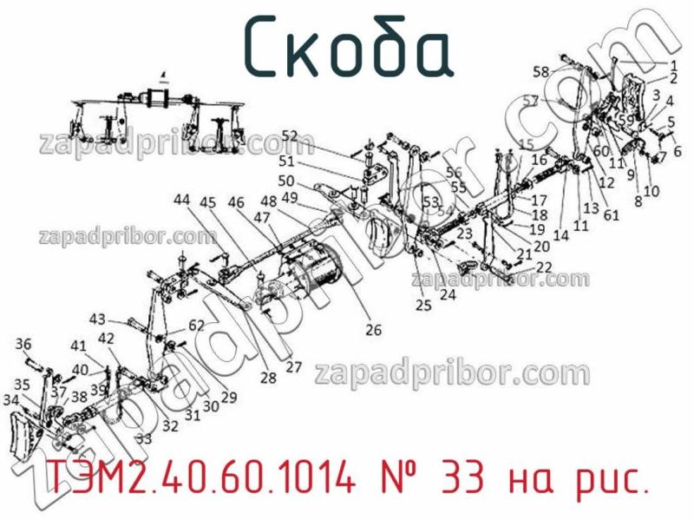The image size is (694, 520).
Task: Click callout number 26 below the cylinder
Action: (373, 329)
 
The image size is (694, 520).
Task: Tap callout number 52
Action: (289, 135)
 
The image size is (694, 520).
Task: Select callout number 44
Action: (180, 200)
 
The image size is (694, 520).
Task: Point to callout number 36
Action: (23, 343)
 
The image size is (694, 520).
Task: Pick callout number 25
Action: (422, 305)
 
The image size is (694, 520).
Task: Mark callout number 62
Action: (197, 326)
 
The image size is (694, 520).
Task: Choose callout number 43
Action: (97, 319)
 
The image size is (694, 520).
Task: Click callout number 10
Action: (651, 191)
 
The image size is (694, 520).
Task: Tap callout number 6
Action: (677, 151)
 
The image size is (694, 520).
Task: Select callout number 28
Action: (267, 378)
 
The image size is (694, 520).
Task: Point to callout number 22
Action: (544, 267)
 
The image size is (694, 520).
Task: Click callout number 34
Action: (10, 400)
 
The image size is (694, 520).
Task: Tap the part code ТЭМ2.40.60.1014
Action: (200, 478)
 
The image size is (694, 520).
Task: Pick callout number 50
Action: (286, 181)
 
